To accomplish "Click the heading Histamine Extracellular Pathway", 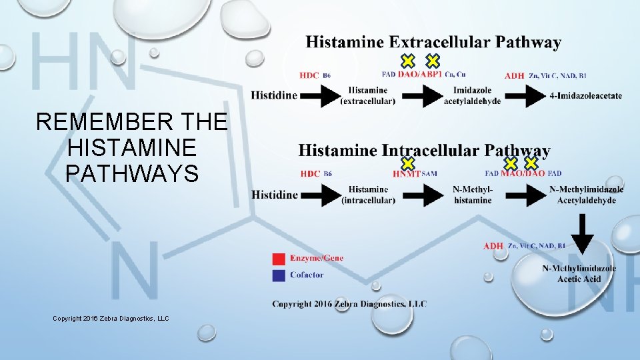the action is point(433,43).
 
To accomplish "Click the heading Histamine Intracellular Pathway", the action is point(424,151).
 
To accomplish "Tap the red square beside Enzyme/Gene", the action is point(279,259).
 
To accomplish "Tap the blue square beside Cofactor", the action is point(279,275).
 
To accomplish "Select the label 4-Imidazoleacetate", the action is point(586,96).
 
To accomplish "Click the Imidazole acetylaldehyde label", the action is point(472,96).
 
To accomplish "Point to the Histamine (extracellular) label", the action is point(367,96).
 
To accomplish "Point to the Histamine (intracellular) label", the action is point(368,195).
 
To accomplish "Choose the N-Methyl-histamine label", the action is point(473,195).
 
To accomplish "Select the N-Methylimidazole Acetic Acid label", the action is point(579,274).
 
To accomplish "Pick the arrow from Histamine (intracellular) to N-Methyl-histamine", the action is point(423,195).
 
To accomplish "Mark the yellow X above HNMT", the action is point(408,163).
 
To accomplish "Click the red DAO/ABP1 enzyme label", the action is point(420,75).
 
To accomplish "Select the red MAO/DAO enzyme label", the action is point(522,174).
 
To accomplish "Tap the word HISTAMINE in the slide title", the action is point(132,147).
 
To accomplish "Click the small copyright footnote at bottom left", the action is point(111,319).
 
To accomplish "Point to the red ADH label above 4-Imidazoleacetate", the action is point(514,76).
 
